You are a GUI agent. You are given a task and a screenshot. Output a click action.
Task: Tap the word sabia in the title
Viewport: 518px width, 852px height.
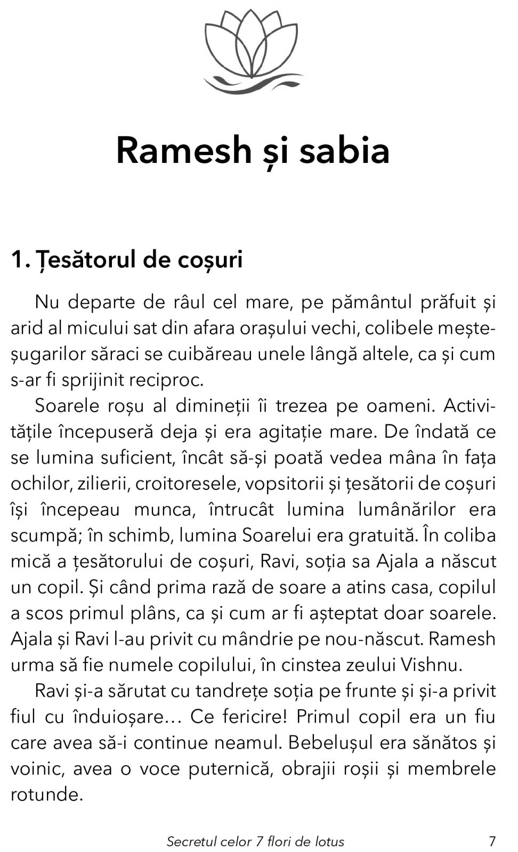coord(344,150)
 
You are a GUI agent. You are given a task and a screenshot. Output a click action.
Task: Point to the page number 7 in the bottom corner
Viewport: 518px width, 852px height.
coord(492,841)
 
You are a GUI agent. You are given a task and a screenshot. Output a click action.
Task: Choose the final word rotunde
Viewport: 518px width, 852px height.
coord(47,794)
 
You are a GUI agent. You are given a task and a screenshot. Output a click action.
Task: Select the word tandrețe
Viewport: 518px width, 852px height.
coord(234,691)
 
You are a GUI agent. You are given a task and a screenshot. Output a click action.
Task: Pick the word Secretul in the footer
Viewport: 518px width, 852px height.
coord(192,841)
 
